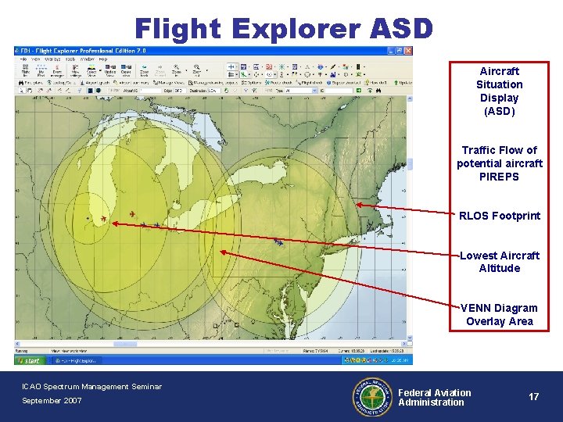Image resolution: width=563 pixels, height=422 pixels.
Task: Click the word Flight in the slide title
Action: [176, 28]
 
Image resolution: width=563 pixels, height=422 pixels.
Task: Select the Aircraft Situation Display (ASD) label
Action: [499, 91]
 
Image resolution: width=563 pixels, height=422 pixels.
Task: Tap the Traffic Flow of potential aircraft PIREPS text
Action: [499, 163]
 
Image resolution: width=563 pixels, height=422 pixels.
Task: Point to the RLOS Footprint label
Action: [499, 216]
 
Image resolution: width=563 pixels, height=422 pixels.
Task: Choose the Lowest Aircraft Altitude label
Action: [499, 262]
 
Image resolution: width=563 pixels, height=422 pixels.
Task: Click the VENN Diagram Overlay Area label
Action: [499, 314]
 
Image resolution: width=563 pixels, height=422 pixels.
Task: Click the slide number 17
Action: [533, 397]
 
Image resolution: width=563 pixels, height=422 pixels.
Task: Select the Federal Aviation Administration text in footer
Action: [434, 397]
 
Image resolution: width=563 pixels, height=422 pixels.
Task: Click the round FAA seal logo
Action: [371, 397]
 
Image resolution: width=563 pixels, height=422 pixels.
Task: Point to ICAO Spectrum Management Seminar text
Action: [91, 386]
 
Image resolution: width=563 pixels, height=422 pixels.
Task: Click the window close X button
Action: [408, 51]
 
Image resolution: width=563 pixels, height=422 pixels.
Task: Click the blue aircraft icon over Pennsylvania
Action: [279, 242]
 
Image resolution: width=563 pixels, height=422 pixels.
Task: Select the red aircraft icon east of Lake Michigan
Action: [132, 213]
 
